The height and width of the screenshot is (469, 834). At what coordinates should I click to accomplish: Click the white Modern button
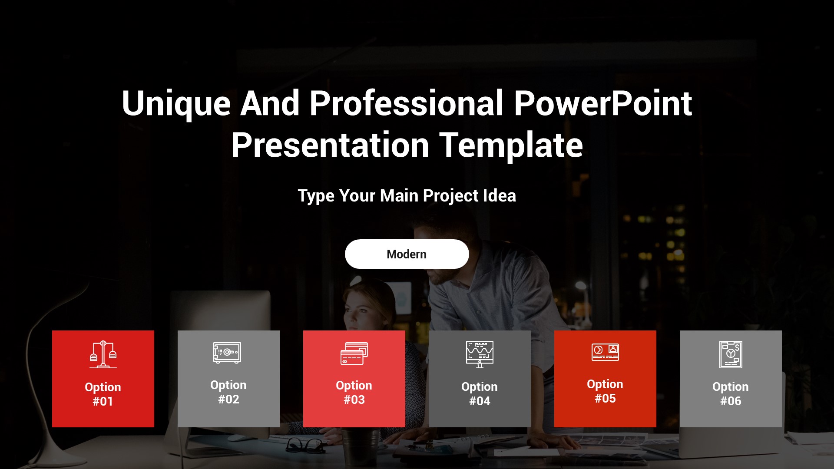pyautogui.click(x=407, y=254)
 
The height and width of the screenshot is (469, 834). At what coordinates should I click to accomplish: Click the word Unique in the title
pyautogui.click(x=176, y=104)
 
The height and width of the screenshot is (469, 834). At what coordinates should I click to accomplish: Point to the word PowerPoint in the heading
pyautogui.click(x=603, y=103)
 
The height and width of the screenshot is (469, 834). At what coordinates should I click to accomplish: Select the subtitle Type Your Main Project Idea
pyautogui.click(x=407, y=196)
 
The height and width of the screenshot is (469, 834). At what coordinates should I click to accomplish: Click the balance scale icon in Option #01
pyautogui.click(x=103, y=354)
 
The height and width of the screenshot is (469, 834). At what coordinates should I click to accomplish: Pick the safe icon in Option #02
pyautogui.click(x=227, y=353)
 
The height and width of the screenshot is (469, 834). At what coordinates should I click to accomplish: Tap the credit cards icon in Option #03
pyautogui.click(x=354, y=353)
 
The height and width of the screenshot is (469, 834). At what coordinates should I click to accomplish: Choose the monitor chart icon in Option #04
pyautogui.click(x=480, y=354)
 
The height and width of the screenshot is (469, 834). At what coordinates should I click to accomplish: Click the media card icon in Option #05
pyautogui.click(x=605, y=352)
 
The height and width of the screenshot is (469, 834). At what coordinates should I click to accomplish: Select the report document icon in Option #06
pyautogui.click(x=731, y=354)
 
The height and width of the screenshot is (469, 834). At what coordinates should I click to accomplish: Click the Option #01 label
pyautogui.click(x=103, y=394)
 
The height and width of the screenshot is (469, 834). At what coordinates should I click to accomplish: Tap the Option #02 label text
pyautogui.click(x=228, y=392)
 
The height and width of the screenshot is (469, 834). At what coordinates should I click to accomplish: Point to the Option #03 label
pyautogui.click(x=354, y=392)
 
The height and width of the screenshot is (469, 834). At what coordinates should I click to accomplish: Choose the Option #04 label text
pyautogui.click(x=480, y=393)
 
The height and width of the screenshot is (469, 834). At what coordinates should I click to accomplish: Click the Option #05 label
pyautogui.click(x=605, y=391)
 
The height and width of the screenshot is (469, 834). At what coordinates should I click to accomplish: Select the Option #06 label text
pyautogui.click(x=731, y=393)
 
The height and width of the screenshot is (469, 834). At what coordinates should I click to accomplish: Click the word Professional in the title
pyautogui.click(x=406, y=103)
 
